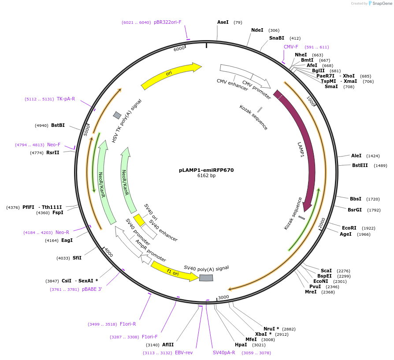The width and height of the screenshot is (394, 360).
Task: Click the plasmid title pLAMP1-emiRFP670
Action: pos(206,170)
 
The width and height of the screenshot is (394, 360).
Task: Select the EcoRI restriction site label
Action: pos(349,228)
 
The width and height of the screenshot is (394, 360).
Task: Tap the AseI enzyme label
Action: pos(223,22)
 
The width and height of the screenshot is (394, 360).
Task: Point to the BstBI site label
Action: pos(58,125)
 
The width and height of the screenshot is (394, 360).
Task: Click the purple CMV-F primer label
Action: pos(291,47)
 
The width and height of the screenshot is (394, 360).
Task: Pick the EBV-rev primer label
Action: pos(184,353)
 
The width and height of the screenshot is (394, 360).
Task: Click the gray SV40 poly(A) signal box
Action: pos(206,278)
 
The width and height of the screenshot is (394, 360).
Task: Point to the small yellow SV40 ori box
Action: pos(139,219)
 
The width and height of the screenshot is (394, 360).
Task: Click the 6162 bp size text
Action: pos(206,176)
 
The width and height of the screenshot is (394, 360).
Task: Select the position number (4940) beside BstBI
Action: pos(41,126)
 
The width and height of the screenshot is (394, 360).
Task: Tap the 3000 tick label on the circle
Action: pos(223,297)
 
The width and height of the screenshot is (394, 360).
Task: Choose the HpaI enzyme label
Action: pos(241,345)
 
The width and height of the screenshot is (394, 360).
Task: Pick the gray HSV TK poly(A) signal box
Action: pos(117,115)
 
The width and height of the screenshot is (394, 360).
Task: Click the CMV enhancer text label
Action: pos(232,84)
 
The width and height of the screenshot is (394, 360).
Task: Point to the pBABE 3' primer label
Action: pos(92,289)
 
